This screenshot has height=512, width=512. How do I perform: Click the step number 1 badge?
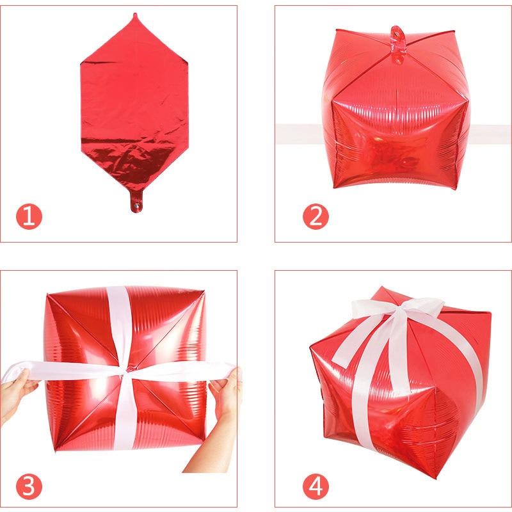tap(29, 217)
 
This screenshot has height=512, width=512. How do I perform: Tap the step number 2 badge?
tap(315, 217)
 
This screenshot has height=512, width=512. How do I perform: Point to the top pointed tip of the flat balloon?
tap(134, 15)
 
